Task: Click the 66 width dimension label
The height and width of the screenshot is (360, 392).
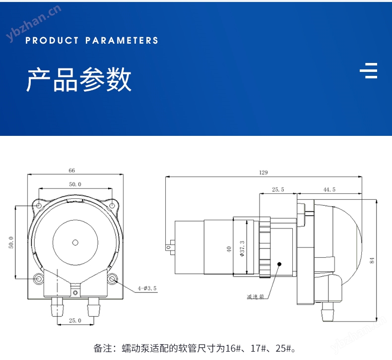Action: click(x=72, y=170)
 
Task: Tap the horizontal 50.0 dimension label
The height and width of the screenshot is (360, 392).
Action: click(x=75, y=184)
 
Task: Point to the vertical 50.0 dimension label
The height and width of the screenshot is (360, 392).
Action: click(x=11, y=243)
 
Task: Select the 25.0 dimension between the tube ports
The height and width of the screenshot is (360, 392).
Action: click(x=75, y=320)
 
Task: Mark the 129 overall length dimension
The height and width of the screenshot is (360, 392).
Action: click(x=263, y=173)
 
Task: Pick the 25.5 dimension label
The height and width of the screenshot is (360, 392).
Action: click(x=278, y=189)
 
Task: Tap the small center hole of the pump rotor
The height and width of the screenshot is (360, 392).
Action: click(x=75, y=242)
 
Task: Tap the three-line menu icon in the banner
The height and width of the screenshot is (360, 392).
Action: click(x=369, y=71)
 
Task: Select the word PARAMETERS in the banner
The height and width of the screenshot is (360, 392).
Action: click(x=122, y=41)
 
